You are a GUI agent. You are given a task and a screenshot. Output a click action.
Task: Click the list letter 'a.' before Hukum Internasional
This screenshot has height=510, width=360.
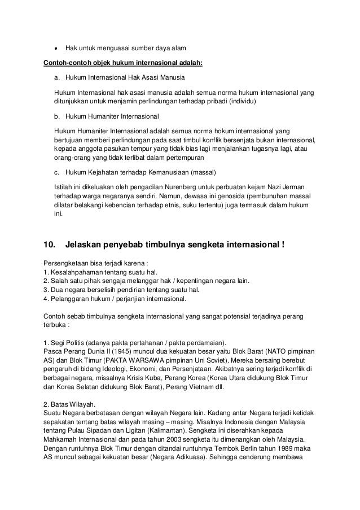coord(58,76)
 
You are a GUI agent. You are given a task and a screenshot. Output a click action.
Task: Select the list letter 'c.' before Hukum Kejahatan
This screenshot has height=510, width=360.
coord(58,172)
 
